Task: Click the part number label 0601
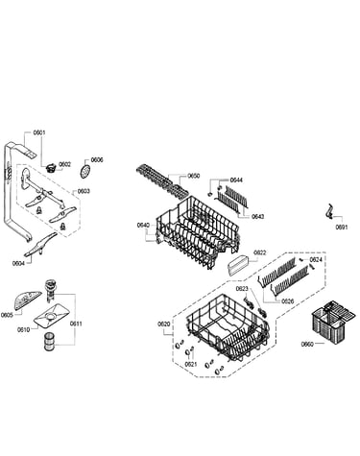tap(39, 132)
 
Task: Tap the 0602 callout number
tap(65, 164)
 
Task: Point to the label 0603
tap(84, 191)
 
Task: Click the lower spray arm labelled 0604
tap(41, 245)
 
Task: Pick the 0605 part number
tap(7, 315)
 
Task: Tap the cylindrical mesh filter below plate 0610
tap(49, 342)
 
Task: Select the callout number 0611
tap(76, 324)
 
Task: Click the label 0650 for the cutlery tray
tap(194, 176)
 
